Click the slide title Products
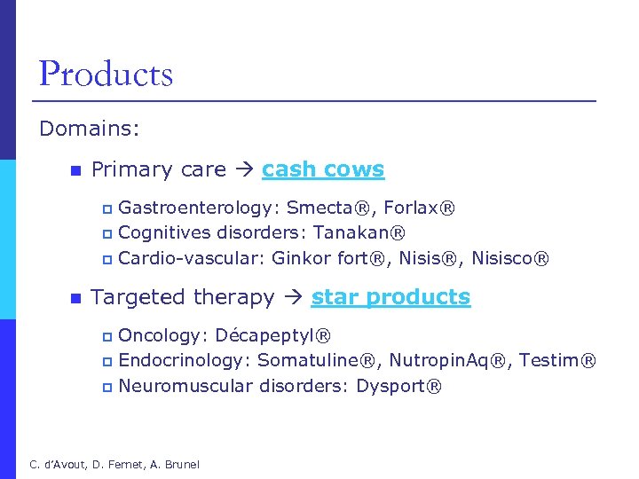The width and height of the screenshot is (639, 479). [x=106, y=74]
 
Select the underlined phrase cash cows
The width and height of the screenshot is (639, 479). [x=323, y=169]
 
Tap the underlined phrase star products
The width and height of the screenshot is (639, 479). [x=390, y=297]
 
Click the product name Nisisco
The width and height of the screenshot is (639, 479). [x=509, y=259]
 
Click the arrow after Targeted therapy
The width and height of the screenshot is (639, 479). [x=292, y=298]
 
